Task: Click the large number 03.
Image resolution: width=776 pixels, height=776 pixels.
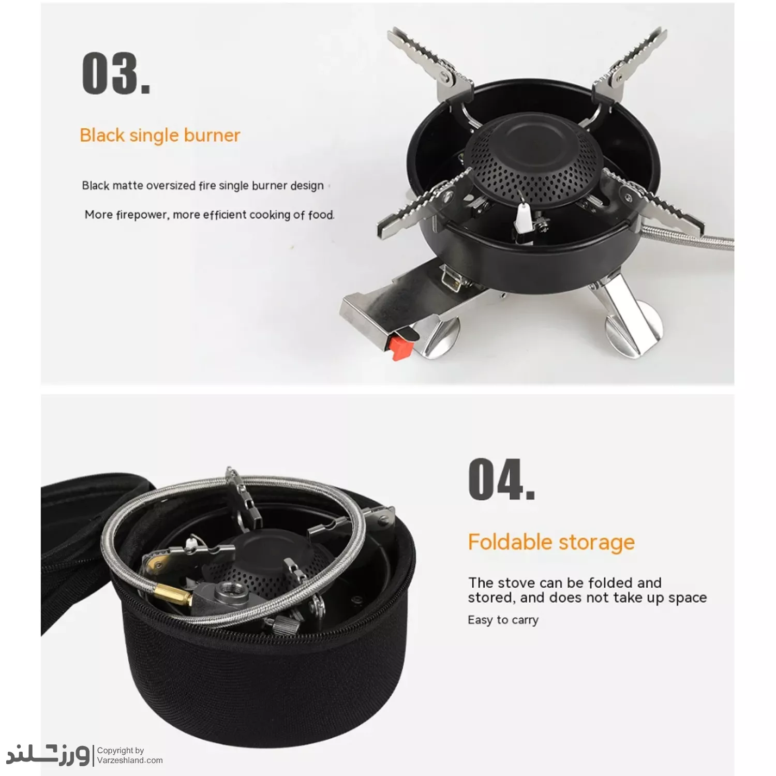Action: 116,73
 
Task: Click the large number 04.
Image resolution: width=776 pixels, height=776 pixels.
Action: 501,480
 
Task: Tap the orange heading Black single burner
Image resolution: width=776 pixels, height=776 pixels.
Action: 160,135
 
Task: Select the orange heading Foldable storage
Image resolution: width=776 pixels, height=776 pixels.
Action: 551,542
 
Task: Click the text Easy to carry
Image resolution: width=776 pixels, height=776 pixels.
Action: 503,620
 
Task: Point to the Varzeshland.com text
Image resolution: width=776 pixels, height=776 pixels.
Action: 130,760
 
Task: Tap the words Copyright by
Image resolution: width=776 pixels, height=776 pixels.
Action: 121,750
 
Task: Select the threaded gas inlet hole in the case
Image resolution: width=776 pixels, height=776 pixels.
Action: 226,589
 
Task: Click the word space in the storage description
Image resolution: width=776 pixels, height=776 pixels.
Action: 688,598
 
